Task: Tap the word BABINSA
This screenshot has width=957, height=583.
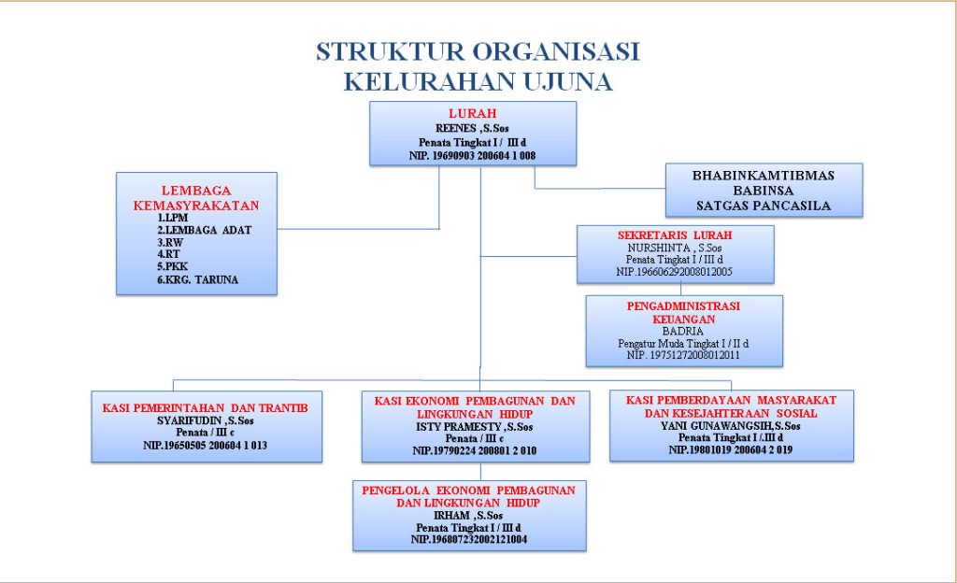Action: tap(763, 190)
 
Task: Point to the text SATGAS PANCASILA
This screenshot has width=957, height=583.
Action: tap(763, 206)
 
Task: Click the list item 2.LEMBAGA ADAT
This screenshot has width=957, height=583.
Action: tap(204, 230)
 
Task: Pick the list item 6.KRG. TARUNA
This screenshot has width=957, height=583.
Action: tap(197, 279)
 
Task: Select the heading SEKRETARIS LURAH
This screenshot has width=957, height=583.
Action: tap(675, 235)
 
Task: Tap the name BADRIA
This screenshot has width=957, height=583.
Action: tap(683, 331)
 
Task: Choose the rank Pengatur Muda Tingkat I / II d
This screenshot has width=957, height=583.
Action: tap(683, 344)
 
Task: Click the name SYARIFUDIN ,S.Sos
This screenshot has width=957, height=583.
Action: tap(205, 420)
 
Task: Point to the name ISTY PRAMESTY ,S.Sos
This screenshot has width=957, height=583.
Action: tap(475, 427)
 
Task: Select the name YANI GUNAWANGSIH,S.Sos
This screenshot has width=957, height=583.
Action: tap(731, 425)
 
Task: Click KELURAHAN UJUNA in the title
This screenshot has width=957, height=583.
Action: tap(478, 82)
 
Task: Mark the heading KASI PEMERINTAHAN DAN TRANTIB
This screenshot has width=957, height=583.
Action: tap(205, 408)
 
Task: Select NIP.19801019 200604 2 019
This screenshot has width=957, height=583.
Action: tap(731, 449)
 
